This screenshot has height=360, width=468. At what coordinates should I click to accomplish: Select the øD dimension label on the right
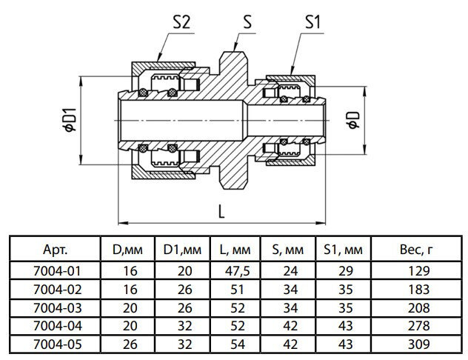tap(354, 118)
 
